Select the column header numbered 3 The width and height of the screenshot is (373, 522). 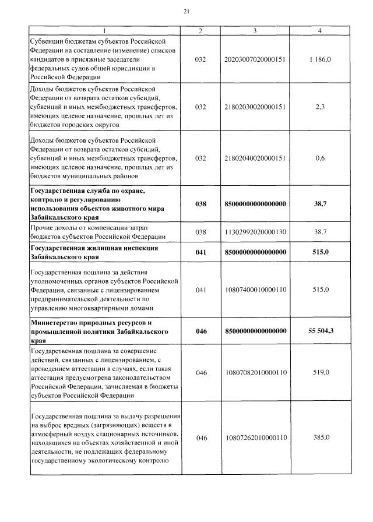pos(255,30)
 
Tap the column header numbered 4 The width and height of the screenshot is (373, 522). pos(319,30)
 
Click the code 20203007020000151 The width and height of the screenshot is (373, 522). pos(255,59)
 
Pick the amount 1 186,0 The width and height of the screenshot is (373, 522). pos(320,59)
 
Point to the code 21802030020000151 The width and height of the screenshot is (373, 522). pos(255,107)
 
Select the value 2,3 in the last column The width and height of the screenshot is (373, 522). pos(320,107)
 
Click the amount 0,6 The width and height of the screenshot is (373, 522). pos(320,158)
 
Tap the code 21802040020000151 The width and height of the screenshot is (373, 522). pos(255,158)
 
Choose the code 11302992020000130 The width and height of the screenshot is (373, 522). pos(255,232)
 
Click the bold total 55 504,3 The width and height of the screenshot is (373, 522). pos(320,331)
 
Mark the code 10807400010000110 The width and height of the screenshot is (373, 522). pos(255,289)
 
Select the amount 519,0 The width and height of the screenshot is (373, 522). pos(320,372)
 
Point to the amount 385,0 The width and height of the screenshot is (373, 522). pos(320,438)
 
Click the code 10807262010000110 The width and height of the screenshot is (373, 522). pos(255,438)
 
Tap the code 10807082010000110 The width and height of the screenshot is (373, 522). pos(255,372)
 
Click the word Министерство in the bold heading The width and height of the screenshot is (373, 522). pos(53,323)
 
